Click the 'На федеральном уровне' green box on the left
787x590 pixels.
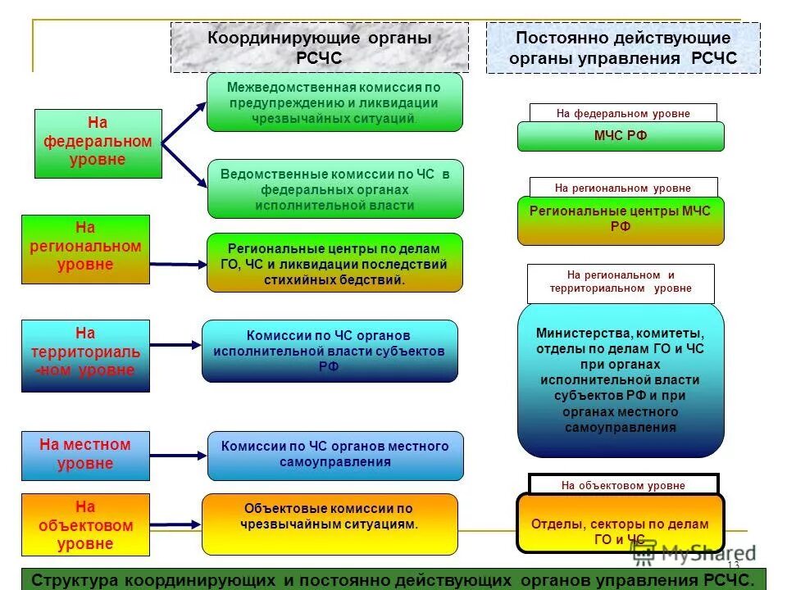tap(98, 143)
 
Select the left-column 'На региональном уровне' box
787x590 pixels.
tap(85, 249)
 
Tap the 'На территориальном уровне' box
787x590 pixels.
tap(85, 355)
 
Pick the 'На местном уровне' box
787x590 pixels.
tap(85, 455)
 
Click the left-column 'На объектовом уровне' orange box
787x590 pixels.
tap(85, 525)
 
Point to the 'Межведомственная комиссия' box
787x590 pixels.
tap(334, 102)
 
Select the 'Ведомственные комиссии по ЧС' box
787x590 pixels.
tap(334, 188)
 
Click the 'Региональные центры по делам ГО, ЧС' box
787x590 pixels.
tap(334, 262)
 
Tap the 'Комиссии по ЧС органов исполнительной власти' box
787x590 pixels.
tap(330, 351)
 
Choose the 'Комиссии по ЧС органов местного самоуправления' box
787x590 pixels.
tap(334, 456)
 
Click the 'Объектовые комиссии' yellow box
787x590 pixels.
tap(330, 524)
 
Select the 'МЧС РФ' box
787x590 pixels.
tap(621, 136)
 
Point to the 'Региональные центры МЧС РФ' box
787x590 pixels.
tap(621, 220)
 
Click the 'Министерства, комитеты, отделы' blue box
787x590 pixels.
tap(621, 380)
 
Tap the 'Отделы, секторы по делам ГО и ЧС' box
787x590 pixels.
tap(621, 524)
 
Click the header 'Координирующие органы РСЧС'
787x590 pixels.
tap(320, 48)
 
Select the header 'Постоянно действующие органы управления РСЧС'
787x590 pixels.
tap(623, 48)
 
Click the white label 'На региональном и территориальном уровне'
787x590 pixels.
tap(621, 283)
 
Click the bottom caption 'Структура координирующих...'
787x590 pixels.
tap(393, 579)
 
